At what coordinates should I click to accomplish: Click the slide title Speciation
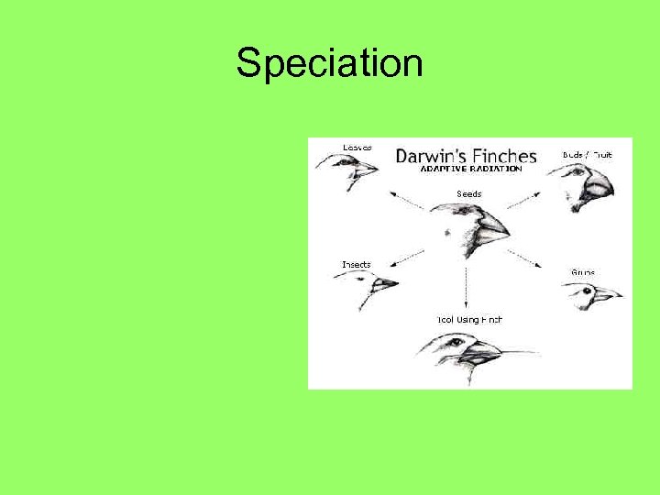click(329, 63)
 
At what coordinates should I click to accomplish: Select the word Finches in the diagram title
click(503, 156)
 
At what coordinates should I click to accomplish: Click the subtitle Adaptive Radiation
click(471, 170)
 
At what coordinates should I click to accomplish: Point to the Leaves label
click(357, 148)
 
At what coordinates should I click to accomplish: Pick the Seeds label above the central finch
click(468, 194)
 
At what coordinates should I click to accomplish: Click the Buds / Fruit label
click(588, 155)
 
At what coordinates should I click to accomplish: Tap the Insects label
click(357, 265)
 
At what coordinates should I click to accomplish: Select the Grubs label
click(583, 272)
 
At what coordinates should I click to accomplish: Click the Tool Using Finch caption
click(468, 320)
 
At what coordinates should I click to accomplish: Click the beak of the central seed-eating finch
click(493, 225)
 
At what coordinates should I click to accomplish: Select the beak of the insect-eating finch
click(385, 284)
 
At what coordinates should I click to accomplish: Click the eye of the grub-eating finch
click(584, 291)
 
